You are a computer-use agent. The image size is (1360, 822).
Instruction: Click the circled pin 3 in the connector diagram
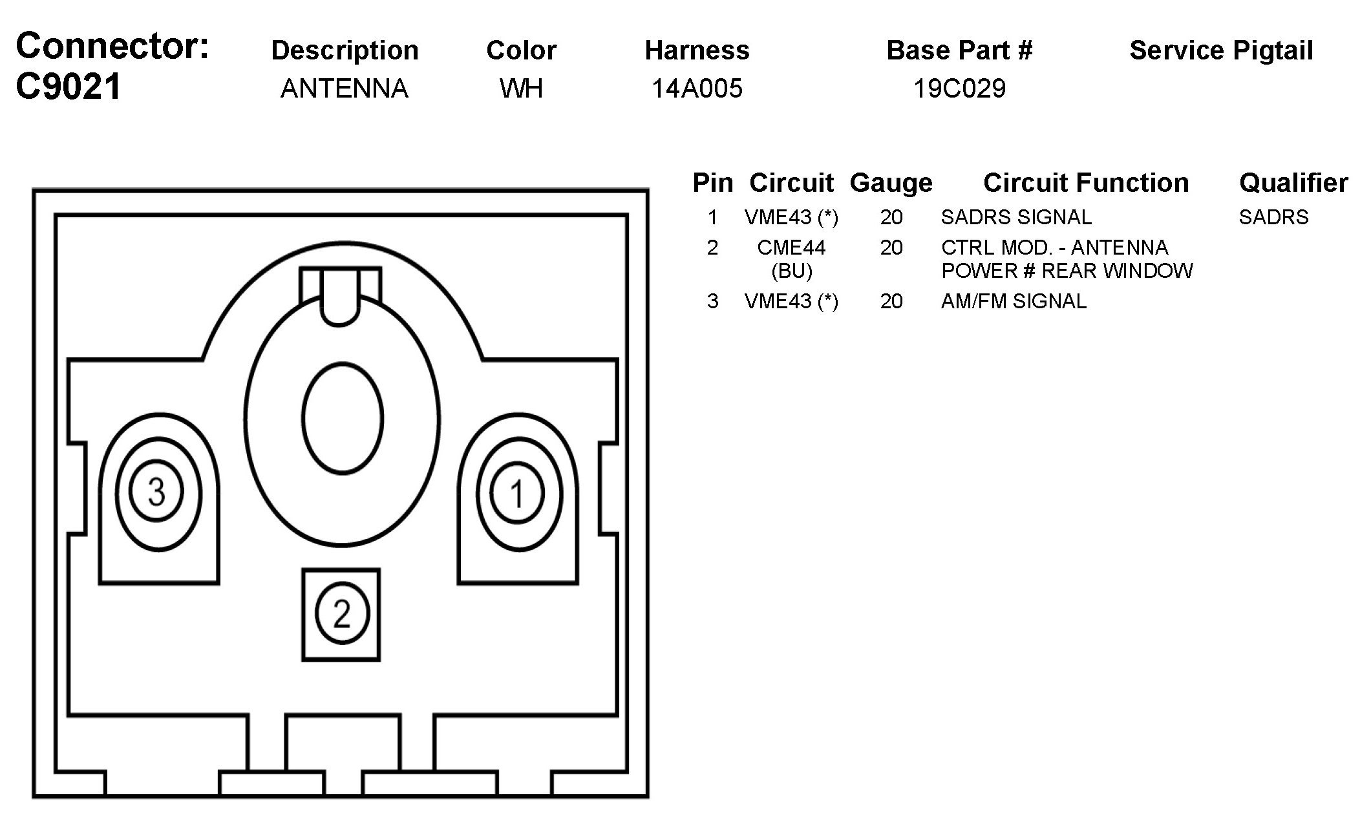point(156,492)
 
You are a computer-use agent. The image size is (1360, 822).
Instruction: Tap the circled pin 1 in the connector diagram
point(517,494)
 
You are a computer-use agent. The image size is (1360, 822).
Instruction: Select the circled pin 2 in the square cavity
point(341,614)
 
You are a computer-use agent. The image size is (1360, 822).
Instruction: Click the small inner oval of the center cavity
point(343,419)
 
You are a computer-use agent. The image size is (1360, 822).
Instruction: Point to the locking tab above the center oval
point(340,296)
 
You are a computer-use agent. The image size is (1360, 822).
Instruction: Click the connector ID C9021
point(69,87)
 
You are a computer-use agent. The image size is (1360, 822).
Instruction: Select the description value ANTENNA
point(344,89)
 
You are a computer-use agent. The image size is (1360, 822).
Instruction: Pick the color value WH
point(521,89)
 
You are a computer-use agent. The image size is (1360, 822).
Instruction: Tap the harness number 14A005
point(697,89)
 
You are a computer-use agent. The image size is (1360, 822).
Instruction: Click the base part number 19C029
point(959,89)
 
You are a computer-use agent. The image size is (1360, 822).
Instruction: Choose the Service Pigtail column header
point(1221,51)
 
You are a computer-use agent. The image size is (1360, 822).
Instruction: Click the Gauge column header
point(891,184)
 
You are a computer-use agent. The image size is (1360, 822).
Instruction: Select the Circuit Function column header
point(1086,184)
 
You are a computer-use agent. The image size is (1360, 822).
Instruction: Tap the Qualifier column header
point(1293,184)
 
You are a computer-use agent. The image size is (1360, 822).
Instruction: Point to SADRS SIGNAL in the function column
point(1016,217)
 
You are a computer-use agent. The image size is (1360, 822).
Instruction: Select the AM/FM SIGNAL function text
point(1014,301)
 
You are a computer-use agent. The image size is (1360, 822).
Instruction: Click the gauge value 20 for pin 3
point(891,301)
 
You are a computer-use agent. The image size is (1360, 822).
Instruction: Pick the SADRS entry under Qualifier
point(1273,217)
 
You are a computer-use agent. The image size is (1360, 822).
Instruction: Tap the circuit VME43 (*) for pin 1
point(791,218)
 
